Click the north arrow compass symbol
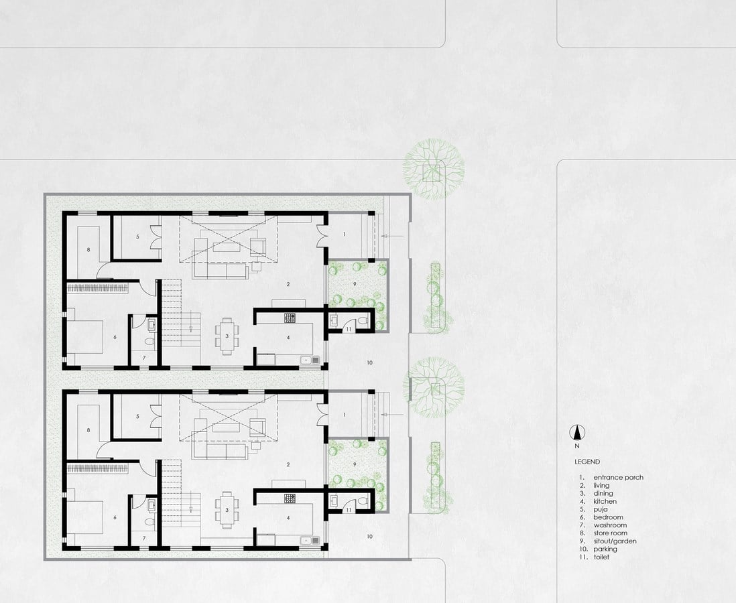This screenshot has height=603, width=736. pos(577,432)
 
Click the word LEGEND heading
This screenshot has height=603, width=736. pos(587,462)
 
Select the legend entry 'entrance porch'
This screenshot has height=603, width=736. pos(618,477)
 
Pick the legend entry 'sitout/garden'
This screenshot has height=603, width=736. pos(615,541)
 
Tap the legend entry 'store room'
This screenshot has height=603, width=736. pos(610,533)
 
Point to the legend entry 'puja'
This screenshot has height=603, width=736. pos(601,509)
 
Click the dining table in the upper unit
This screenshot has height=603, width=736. pos(227,335)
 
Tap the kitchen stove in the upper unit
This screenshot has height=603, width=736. pos(290,318)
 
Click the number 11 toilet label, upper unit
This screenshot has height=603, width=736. pos(349,330)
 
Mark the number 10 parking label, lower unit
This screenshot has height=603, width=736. pos(369,537)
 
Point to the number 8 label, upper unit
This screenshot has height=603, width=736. pos(88,250)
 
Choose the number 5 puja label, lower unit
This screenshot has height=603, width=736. pos(137,416)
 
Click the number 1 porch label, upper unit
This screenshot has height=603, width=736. pos(345,234)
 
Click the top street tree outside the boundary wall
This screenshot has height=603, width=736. pos(433,169)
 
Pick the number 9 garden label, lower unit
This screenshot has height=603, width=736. pos(355,464)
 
